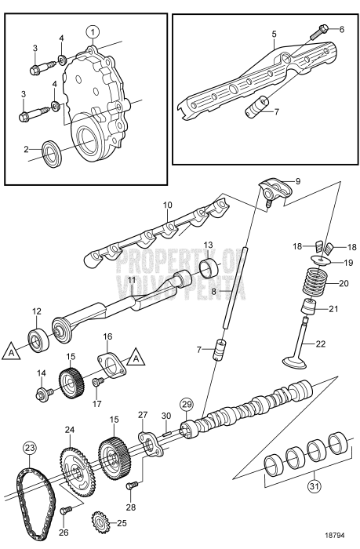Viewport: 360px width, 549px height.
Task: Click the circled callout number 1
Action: coord(93,32)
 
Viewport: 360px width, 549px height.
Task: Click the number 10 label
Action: coord(166,205)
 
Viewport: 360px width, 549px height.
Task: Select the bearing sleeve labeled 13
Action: coord(209,269)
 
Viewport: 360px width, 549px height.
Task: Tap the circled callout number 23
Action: coord(31,449)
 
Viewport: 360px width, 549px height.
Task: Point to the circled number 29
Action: coord(186,404)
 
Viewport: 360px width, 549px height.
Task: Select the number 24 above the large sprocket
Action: coord(69,430)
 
